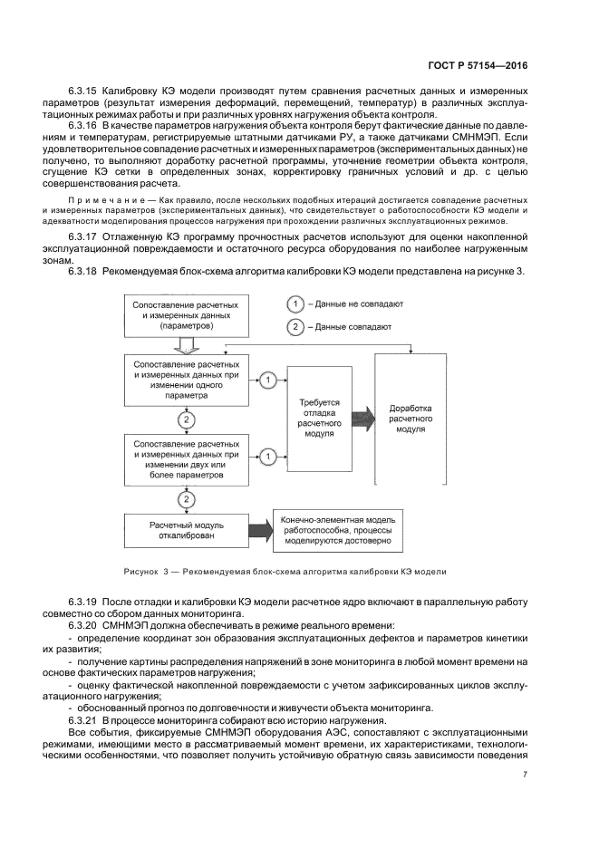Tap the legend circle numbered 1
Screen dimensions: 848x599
point(295,305)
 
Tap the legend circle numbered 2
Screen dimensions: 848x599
point(295,327)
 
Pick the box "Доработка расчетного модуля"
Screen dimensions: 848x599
point(413,418)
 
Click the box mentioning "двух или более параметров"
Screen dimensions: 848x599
point(187,459)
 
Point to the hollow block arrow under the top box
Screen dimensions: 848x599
point(187,345)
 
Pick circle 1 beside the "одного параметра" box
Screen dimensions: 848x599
point(268,380)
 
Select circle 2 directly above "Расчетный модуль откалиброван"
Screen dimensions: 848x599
point(187,499)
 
